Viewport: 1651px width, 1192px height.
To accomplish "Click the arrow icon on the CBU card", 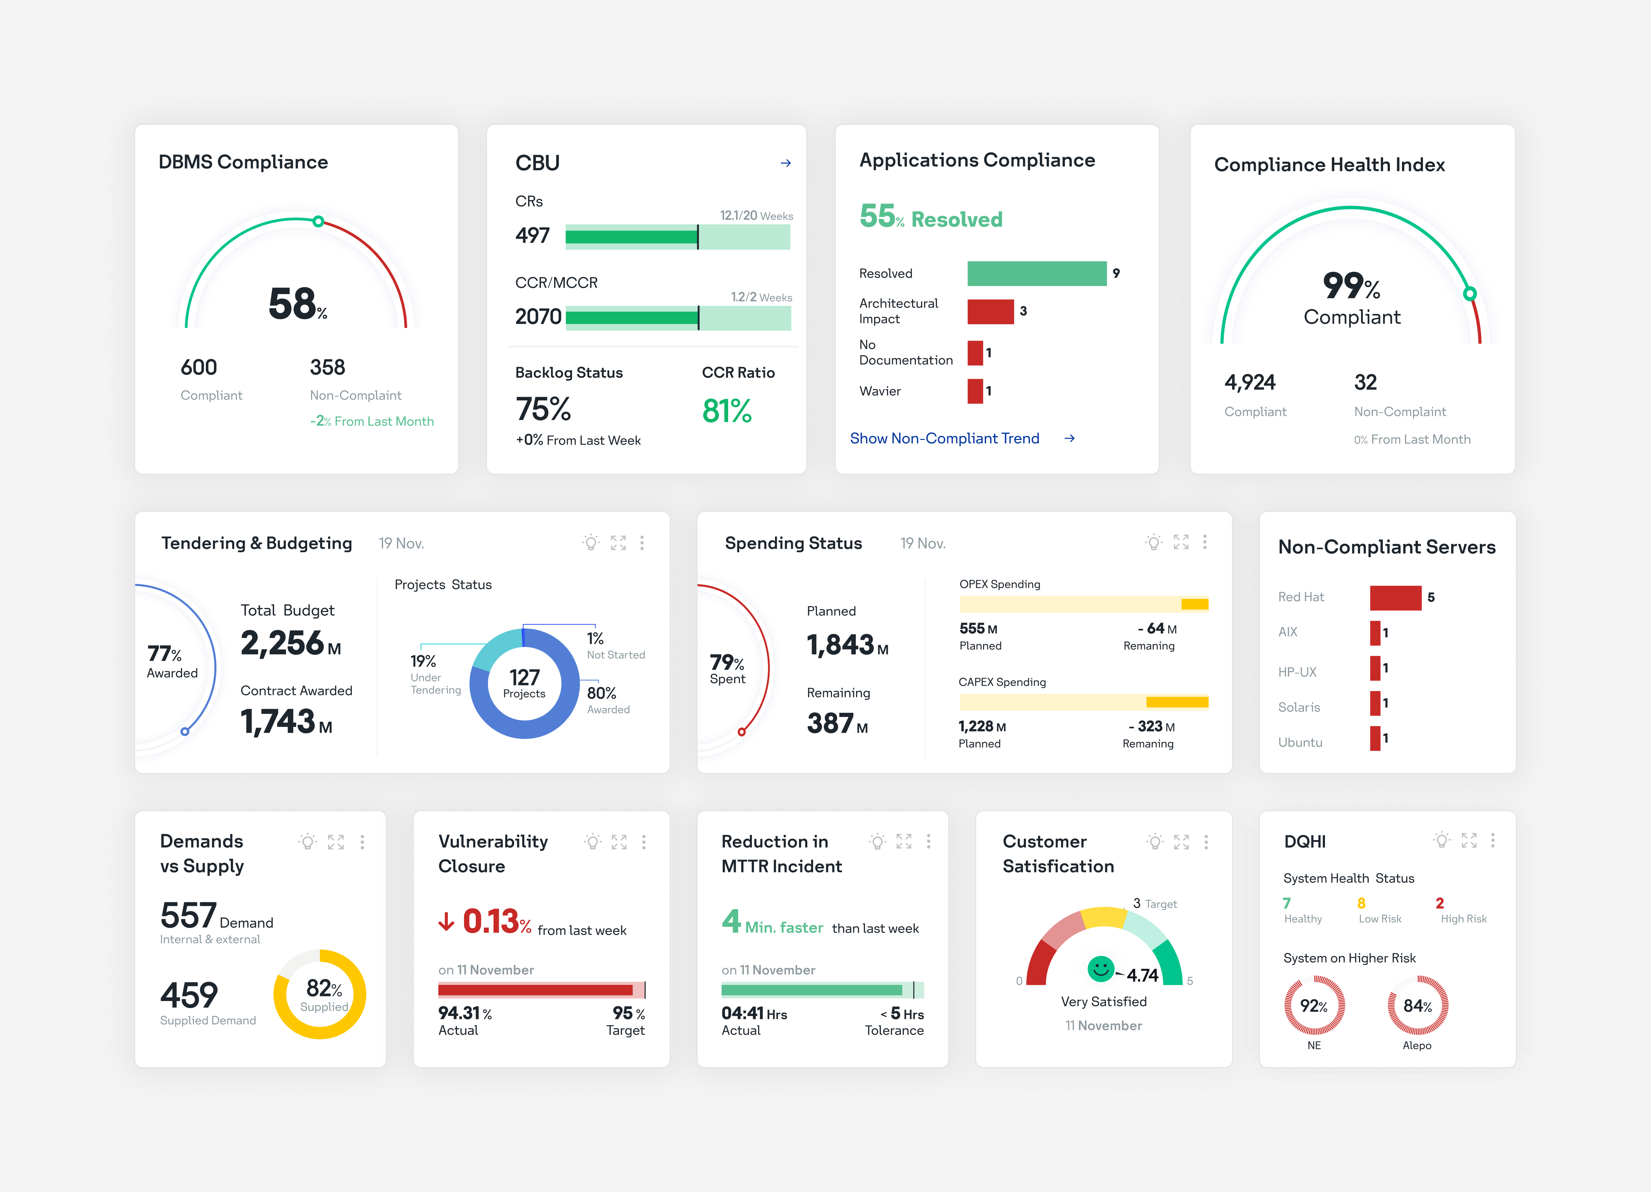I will pos(786,163).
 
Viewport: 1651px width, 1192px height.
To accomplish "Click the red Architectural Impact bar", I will pos(990,312).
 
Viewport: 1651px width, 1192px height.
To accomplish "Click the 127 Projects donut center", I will pos(524,683).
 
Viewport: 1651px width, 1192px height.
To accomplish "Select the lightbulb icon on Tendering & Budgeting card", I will pos(591,543).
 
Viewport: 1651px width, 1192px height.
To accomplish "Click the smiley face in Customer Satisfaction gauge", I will pos(1101,968).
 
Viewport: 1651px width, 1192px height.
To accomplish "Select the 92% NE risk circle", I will pos(1314,1006).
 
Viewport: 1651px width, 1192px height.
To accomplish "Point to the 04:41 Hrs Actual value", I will pos(753,1013).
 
